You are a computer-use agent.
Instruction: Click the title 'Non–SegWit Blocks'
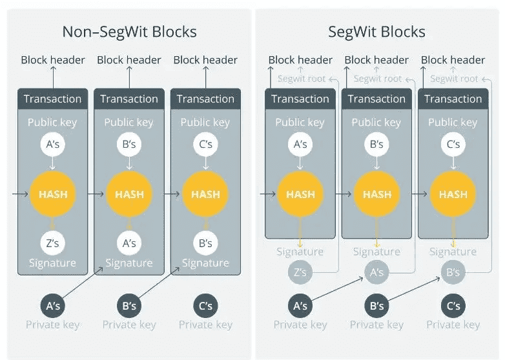tap(129, 32)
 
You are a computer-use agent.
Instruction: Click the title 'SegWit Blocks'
tap(376, 32)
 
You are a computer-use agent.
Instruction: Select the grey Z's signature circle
tap(300, 272)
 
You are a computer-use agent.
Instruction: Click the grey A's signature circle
tap(376, 272)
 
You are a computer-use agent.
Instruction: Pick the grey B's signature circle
tap(453, 272)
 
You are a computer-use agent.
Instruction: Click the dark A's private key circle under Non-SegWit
tap(53, 305)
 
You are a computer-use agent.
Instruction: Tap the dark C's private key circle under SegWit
tap(453, 305)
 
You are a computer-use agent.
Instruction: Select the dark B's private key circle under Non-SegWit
tap(129, 305)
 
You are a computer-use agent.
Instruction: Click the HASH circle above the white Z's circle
tap(53, 194)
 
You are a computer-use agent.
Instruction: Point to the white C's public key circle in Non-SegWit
tap(205, 145)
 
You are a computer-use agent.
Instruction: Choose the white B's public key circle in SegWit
tap(376, 145)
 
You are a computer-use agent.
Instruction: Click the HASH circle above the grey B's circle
tap(453, 194)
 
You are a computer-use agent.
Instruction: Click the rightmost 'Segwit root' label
tap(454, 79)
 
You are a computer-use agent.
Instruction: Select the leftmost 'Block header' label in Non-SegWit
tap(53, 60)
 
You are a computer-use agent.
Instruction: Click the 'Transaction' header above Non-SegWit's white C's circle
tap(205, 99)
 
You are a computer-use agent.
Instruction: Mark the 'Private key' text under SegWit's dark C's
tap(453, 325)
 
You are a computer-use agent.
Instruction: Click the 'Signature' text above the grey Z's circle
tap(300, 252)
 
